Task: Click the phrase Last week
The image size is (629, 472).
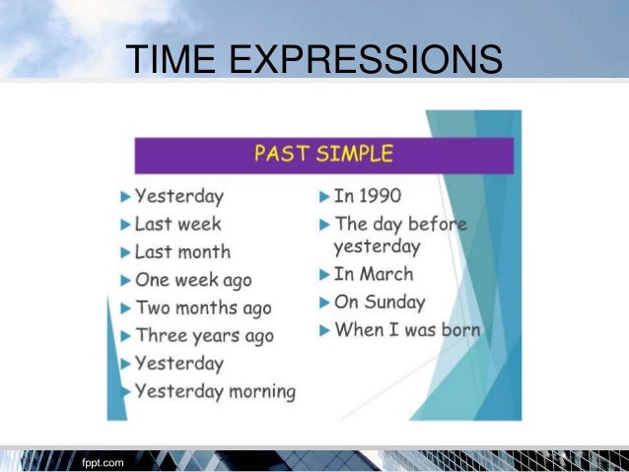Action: [x=177, y=224]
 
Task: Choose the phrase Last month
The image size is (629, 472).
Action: [x=182, y=251]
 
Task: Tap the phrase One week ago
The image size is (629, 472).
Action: [x=193, y=280]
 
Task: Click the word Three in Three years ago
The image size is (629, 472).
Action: [x=162, y=336]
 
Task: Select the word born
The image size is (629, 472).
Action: [x=458, y=329]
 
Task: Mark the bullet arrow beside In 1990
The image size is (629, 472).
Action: [x=323, y=195]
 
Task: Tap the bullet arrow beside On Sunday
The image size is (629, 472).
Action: [x=323, y=303]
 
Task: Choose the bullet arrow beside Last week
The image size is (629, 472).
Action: [x=124, y=225]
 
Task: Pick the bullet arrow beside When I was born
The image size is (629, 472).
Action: [x=323, y=330]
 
